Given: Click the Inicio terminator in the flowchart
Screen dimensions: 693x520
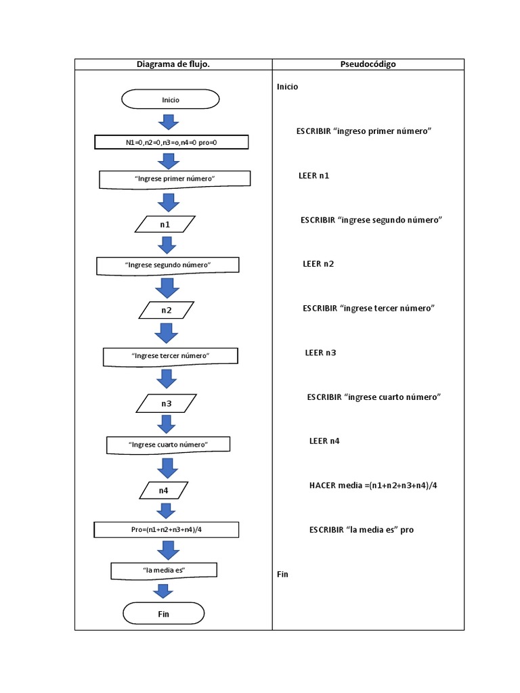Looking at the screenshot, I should point(170,99).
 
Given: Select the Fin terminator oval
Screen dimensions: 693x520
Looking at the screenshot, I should point(163,614).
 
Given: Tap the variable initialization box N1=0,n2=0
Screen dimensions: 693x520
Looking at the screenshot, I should point(171,142).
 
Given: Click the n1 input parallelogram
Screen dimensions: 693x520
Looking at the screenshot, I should point(165,224).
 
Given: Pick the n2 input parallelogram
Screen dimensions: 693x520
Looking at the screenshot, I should point(166,311).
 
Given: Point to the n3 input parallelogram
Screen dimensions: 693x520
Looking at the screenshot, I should point(166,403).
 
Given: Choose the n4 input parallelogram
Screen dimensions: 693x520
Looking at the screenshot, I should point(164,490).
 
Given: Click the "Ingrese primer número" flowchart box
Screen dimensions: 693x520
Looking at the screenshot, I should point(175,179).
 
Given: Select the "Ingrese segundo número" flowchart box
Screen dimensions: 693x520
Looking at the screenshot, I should point(168,265).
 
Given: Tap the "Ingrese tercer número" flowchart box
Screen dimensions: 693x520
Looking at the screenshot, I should point(170,355).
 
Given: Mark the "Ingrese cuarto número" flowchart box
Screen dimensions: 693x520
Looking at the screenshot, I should point(168,445).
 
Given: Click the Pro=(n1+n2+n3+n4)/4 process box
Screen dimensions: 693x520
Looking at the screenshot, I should point(167,529).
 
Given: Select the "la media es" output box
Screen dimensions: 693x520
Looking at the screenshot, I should point(164,571).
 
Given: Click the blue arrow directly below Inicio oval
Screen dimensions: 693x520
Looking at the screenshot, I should point(167,122).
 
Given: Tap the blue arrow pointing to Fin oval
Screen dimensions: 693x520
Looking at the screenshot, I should point(162,591).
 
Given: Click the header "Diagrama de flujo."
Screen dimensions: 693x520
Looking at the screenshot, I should point(173,64).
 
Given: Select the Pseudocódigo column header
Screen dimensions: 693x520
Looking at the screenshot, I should point(368,64).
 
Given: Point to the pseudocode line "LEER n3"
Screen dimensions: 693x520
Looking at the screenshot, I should point(320,353).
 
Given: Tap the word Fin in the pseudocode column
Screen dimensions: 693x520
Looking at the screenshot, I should point(282,574).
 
